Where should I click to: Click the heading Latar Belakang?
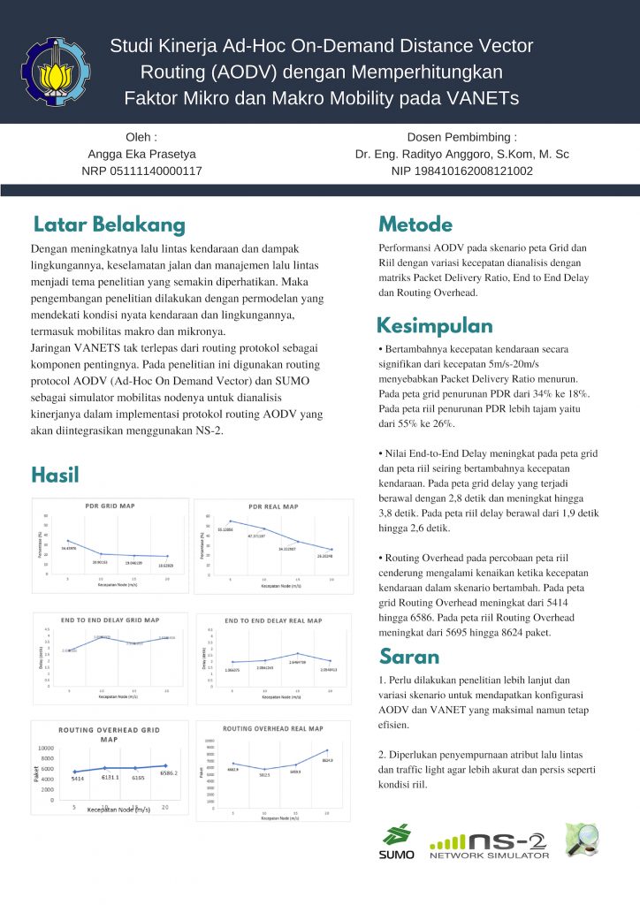pos(109,224)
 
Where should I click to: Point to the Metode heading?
pos(415,224)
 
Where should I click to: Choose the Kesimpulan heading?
pos(435,325)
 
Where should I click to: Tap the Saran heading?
pos(409,656)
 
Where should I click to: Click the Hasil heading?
pos(55,475)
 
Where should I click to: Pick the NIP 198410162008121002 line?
pos(461,171)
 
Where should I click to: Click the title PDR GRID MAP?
pos(110,507)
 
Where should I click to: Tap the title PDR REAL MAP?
pos(273,506)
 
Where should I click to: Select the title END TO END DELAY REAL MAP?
pos(274,620)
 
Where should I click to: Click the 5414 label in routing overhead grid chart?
pos(78,779)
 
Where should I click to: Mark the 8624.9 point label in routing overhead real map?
pos(327,760)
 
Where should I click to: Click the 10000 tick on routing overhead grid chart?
pos(43,748)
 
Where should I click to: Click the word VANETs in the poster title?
pos(483,96)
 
